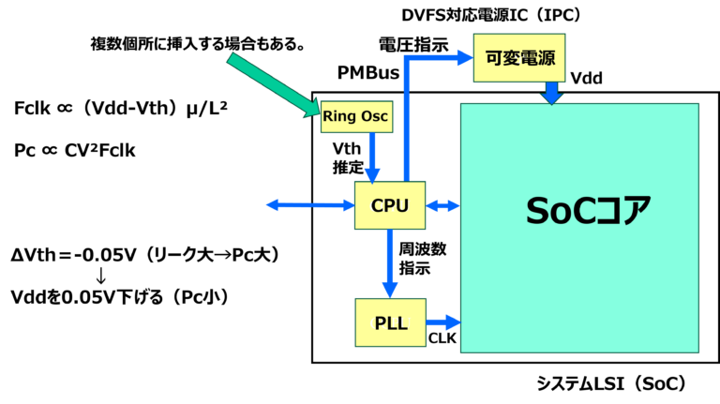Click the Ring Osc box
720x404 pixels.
click(355, 116)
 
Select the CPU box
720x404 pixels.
click(390, 205)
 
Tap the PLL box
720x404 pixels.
click(390, 322)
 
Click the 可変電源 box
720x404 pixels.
click(520, 58)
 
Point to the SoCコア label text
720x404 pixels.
click(588, 211)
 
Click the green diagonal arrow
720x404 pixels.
click(273, 85)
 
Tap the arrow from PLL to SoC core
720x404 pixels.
click(442, 322)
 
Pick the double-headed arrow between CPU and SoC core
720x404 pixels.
click(442, 205)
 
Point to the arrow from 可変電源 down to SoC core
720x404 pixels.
click(551, 92)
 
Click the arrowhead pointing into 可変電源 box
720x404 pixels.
click(464, 58)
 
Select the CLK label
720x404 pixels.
click(442, 338)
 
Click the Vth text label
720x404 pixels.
click(347, 149)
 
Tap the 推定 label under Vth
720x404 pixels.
click(348, 168)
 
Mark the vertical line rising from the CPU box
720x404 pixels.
click(406, 122)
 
